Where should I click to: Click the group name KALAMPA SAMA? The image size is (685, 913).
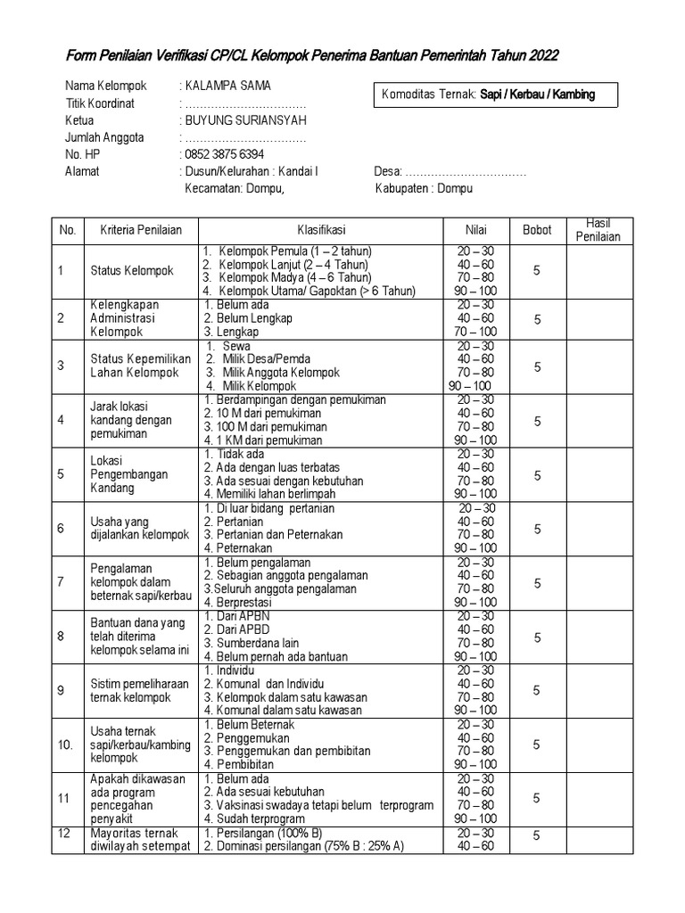coord(227,86)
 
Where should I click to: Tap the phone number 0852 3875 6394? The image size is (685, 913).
coord(224,154)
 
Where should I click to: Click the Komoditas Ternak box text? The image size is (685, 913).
coord(488,94)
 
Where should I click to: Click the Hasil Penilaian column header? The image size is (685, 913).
coord(598,230)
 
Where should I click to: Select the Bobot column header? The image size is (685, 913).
coord(537,229)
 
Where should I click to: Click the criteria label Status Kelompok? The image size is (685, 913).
coord(132,270)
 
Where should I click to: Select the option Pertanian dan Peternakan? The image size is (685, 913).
coord(273,535)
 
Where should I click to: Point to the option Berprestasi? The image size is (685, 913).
coord(241,603)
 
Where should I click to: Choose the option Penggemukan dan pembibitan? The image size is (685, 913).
coord(286,751)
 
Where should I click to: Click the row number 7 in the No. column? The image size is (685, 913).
coord(62,582)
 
